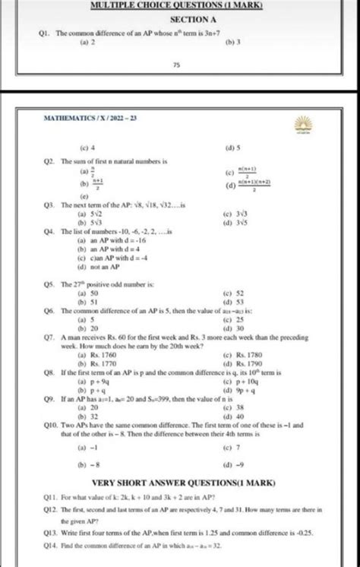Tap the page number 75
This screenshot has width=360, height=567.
(x=175, y=66)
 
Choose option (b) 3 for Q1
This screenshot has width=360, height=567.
(x=234, y=43)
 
